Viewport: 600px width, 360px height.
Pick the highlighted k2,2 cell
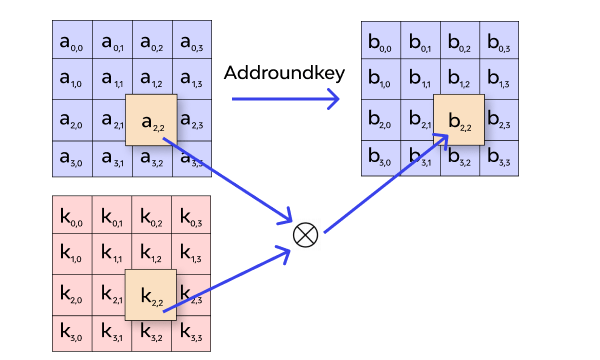click(x=151, y=295)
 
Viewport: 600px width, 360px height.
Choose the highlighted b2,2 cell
click(x=459, y=121)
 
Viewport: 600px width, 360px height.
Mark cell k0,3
click(x=191, y=216)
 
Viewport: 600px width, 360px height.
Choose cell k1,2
click(x=151, y=255)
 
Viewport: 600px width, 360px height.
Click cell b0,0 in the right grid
click(x=379, y=42)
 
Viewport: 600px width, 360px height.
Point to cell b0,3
click(x=498, y=42)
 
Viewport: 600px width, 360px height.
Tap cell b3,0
click(x=379, y=160)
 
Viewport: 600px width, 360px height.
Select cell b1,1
click(x=419, y=82)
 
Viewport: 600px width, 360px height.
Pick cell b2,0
click(x=379, y=121)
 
